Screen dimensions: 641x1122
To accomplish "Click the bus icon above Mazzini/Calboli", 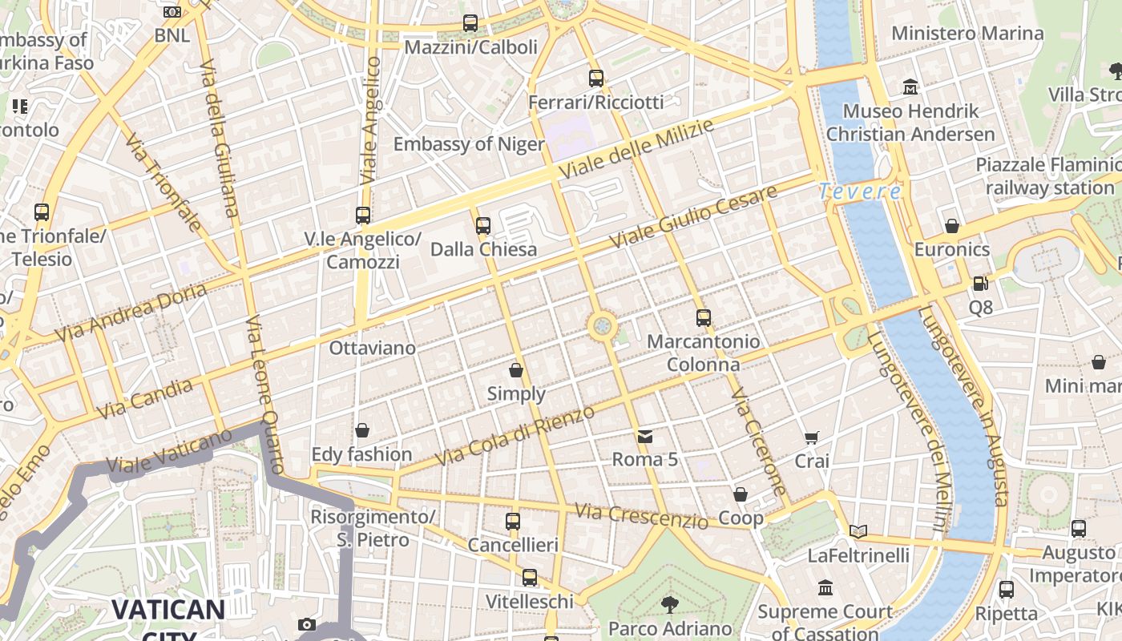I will point(470,23).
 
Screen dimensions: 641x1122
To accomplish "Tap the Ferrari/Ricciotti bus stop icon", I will point(596,78).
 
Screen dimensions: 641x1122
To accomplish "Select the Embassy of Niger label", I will point(469,144).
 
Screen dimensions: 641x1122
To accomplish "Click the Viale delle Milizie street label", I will point(636,150).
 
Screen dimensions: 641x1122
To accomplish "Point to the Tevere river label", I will point(860,191).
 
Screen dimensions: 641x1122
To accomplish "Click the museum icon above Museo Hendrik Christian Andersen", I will point(910,86).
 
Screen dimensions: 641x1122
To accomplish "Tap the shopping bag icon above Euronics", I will point(952,226).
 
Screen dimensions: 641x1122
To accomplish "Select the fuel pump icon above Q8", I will point(980,284).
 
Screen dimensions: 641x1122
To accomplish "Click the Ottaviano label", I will point(373,348).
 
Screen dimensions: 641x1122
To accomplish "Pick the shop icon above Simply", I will point(516,370).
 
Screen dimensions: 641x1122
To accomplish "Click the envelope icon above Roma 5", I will point(645,437).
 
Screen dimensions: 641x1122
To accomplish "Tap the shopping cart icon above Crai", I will point(812,437).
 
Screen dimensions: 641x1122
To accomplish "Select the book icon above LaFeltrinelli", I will point(858,531).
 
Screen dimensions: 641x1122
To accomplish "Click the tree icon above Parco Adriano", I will point(670,604).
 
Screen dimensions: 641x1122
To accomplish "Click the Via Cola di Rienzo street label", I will point(515,437).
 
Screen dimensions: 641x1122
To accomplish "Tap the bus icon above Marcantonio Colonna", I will point(703,318).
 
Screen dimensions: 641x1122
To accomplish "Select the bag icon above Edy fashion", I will point(362,431).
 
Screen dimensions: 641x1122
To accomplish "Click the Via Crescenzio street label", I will point(641,516).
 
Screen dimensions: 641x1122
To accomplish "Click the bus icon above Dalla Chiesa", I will point(483,226).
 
